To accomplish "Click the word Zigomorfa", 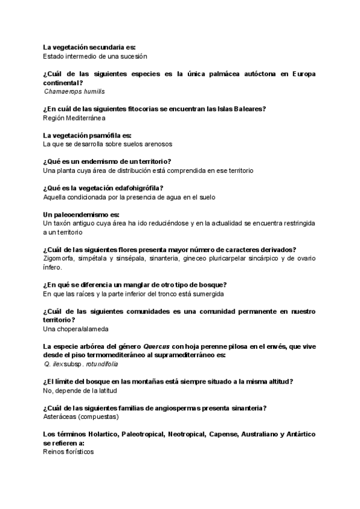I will pos(61,259).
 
